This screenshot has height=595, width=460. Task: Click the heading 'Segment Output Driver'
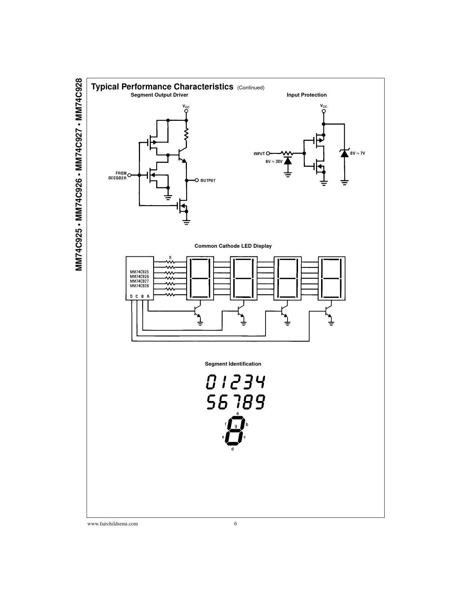(159, 95)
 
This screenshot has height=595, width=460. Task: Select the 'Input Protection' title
(307, 95)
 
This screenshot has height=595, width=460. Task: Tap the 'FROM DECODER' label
(117, 176)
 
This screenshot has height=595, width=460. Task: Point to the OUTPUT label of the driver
(208, 180)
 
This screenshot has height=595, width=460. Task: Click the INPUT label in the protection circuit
(259, 154)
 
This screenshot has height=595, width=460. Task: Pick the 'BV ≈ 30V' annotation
(274, 162)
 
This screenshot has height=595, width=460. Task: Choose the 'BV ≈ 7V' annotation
(358, 153)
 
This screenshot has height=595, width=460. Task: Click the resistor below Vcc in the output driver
(186, 134)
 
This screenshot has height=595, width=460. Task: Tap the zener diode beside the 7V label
(345, 153)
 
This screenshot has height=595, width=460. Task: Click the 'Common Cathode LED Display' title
(233, 246)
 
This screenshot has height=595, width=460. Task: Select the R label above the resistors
(170, 258)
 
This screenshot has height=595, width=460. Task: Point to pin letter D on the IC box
(131, 296)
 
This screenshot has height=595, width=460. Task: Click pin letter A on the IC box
(148, 296)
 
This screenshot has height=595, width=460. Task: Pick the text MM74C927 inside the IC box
(139, 281)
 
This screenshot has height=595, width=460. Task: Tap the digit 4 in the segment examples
(259, 382)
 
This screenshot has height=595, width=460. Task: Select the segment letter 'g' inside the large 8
(236, 426)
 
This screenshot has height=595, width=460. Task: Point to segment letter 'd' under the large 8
(232, 449)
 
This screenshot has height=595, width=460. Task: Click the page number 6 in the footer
(235, 524)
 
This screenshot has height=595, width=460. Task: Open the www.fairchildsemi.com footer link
(113, 524)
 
